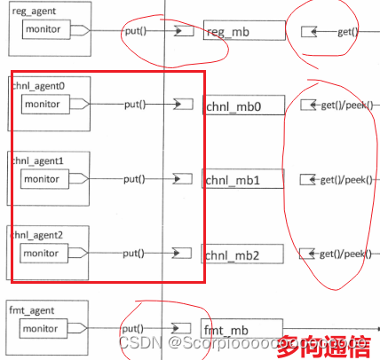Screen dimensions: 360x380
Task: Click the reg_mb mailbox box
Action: click(x=244, y=31)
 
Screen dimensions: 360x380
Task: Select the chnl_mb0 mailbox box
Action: click(x=244, y=106)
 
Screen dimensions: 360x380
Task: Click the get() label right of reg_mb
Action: click(x=346, y=32)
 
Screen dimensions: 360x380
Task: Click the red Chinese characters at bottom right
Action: click(x=325, y=343)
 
